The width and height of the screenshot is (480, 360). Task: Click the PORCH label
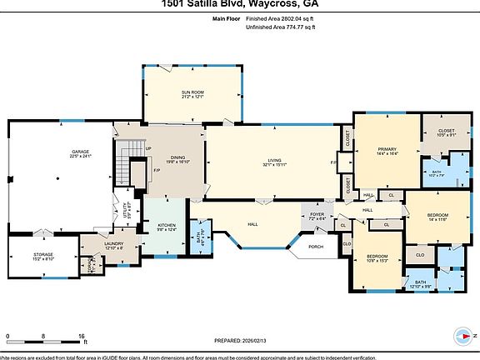point(316,247)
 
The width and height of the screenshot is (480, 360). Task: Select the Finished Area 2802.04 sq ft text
point(282,17)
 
